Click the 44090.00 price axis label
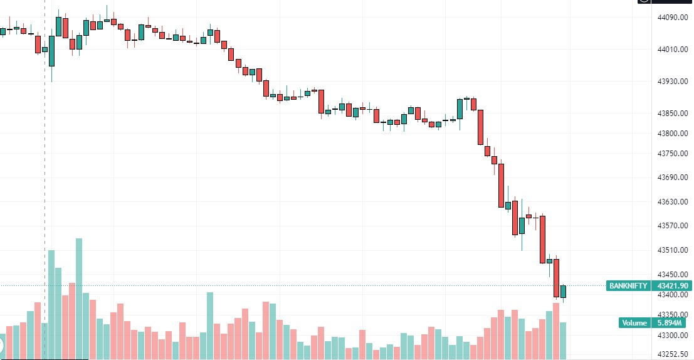click(x=672, y=18)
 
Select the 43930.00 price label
click(x=672, y=82)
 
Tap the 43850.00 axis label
click(x=672, y=114)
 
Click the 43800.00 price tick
click(x=672, y=134)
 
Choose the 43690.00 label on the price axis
click(x=672, y=178)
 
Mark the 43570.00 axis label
click(x=672, y=226)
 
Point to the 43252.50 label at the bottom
click(x=672, y=354)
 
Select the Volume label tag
click(x=634, y=323)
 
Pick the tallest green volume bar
click(x=79, y=299)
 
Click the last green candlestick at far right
click(x=564, y=292)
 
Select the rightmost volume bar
click(x=563, y=341)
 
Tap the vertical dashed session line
click(x=45, y=157)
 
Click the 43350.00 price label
click(x=672, y=315)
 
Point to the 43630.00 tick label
click(x=672, y=202)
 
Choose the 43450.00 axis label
click(x=672, y=275)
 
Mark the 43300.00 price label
click(x=672, y=336)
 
